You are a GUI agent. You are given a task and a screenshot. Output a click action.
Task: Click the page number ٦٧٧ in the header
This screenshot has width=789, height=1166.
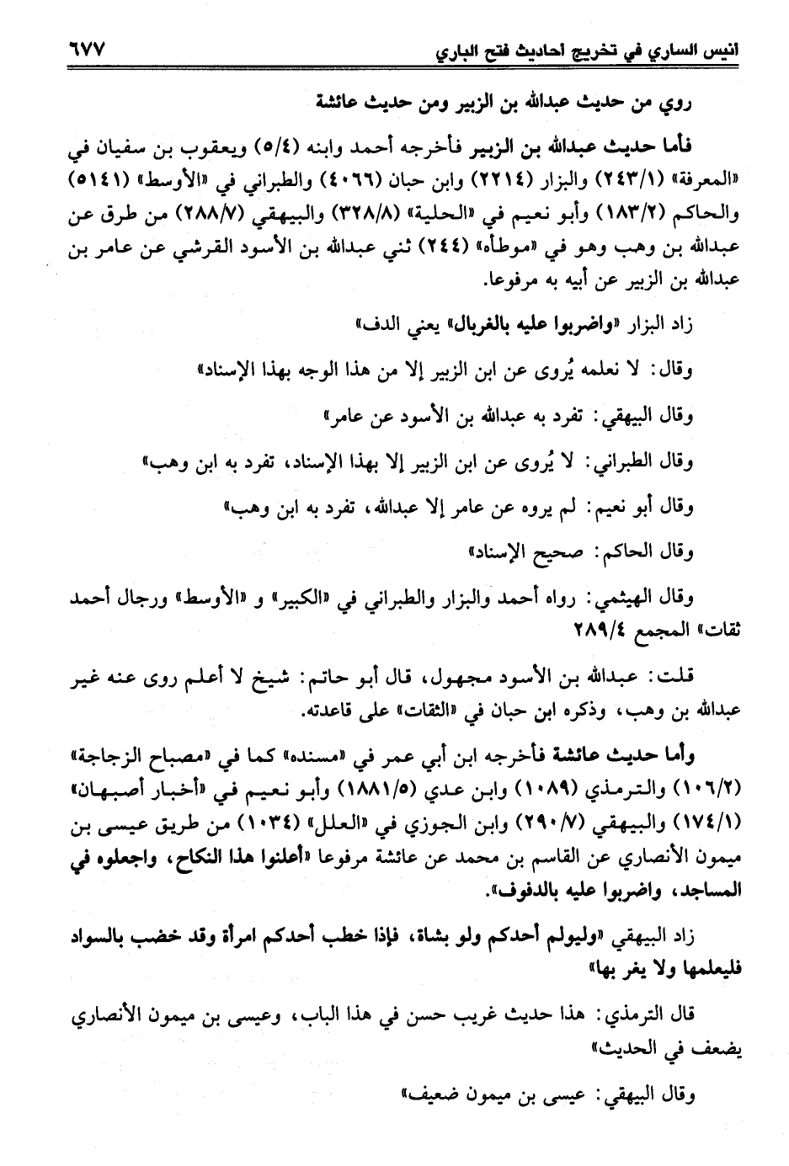click(x=80, y=51)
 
